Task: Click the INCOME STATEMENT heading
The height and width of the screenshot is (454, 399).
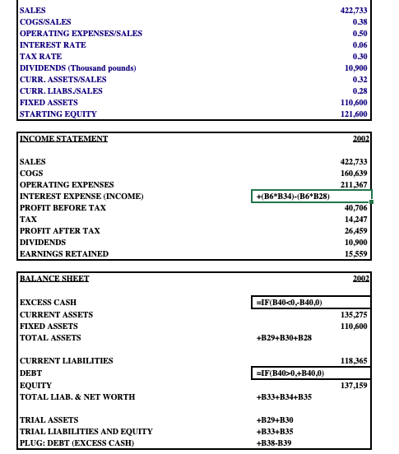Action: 63,139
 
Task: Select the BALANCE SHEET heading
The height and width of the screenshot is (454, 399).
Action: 54,279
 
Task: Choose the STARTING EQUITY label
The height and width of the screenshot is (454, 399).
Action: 58,113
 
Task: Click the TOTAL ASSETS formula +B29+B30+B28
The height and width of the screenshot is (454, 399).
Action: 285,338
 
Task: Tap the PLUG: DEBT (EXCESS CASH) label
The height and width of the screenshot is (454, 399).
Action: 77,443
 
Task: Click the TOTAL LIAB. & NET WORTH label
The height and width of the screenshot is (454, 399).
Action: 77,396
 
